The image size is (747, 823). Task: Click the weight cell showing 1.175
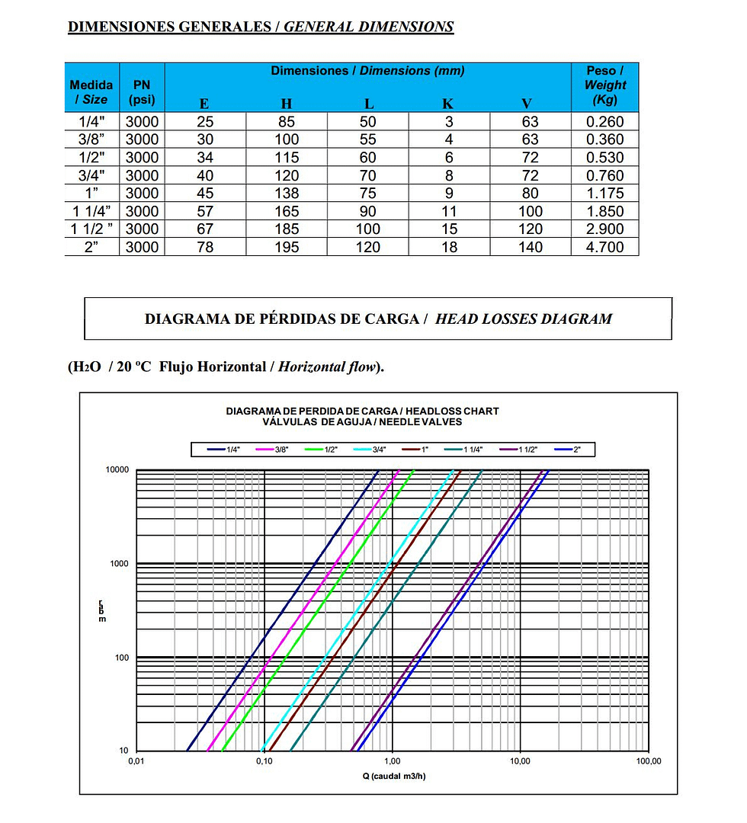coord(604,194)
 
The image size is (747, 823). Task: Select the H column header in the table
coord(286,104)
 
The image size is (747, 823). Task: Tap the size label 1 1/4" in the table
coord(91,211)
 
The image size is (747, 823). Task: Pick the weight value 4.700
coord(604,247)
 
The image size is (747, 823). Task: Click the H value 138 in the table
coord(287,194)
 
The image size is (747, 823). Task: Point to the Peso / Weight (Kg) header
coord(604,85)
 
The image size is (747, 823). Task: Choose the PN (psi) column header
coord(142,92)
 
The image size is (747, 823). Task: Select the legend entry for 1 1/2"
coord(524,450)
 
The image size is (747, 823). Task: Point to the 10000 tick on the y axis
coord(117,470)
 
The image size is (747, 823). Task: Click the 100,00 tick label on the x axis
coord(649,761)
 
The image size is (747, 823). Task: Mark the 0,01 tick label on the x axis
coord(136,761)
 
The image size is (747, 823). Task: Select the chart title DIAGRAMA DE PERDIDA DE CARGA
coord(362,411)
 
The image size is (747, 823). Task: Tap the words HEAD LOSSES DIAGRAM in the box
coord(523,319)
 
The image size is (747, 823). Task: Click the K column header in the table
coord(449,104)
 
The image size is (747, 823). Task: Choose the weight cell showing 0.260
coord(604,122)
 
